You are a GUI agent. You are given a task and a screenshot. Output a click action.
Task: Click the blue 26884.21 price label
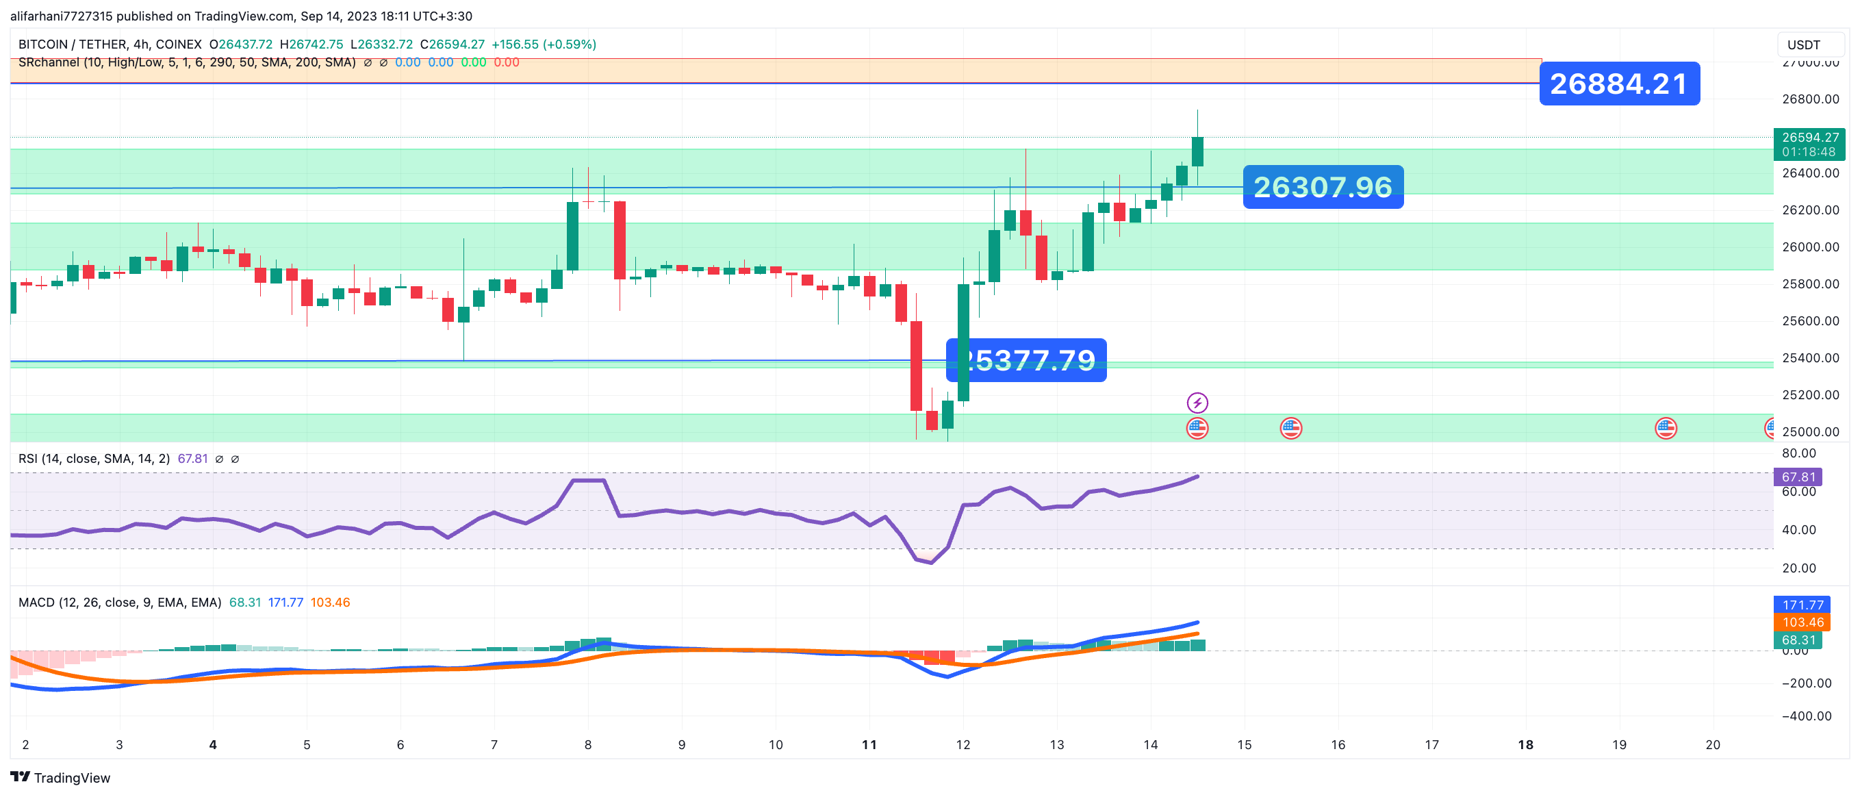click(x=1619, y=84)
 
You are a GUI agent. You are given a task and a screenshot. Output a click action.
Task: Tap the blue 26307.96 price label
click(x=1323, y=187)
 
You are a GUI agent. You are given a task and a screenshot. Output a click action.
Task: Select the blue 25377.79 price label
click(x=1026, y=359)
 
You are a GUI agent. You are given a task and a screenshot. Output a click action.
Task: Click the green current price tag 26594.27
click(x=1809, y=144)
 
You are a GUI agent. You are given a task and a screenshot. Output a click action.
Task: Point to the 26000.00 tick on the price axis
click(x=1810, y=247)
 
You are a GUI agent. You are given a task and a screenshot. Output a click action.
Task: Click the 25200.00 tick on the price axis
click(x=1810, y=395)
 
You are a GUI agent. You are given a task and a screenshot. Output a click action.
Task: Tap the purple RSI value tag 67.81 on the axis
click(x=1798, y=477)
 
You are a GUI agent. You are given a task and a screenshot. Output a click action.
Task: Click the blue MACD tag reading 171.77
click(x=1802, y=605)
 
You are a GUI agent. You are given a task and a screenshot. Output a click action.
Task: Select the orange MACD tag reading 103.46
click(x=1802, y=622)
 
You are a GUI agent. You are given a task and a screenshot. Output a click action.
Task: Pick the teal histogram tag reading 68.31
click(x=1798, y=640)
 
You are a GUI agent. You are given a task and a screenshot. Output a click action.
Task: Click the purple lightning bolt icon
click(x=1197, y=402)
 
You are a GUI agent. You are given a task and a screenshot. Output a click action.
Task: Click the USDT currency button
click(x=1803, y=45)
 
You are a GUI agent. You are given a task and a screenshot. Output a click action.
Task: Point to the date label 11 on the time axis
click(x=869, y=744)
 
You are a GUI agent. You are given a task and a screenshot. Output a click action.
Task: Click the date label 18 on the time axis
click(x=1525, y=744)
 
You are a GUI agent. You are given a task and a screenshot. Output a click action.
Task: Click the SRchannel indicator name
click(x=49, y=62)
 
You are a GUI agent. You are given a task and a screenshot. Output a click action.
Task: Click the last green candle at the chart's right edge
click(x=1198, y=151)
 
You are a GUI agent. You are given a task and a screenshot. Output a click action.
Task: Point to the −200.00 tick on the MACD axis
click(x=1806, y=683)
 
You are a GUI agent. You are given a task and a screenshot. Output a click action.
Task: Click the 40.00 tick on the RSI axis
click(x=1798, y=530)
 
